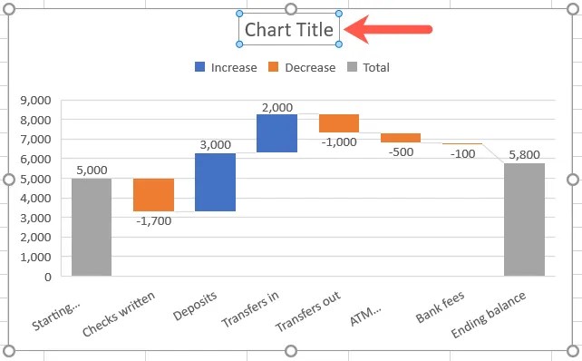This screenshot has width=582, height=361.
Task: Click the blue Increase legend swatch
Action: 199,67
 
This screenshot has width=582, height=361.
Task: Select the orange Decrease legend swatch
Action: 273,67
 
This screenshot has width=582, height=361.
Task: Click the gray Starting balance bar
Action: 92,227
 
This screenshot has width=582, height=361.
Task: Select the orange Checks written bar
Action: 153,195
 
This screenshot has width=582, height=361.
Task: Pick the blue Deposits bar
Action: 215,182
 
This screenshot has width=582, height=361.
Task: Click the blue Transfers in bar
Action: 276,133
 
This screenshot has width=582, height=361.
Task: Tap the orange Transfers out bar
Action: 338,123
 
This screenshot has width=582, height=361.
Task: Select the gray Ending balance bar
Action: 524,220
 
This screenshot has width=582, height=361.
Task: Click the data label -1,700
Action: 153,221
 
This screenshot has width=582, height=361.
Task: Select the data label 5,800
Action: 525,153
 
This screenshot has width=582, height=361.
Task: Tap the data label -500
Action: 400,152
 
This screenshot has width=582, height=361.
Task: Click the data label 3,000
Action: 215,144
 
